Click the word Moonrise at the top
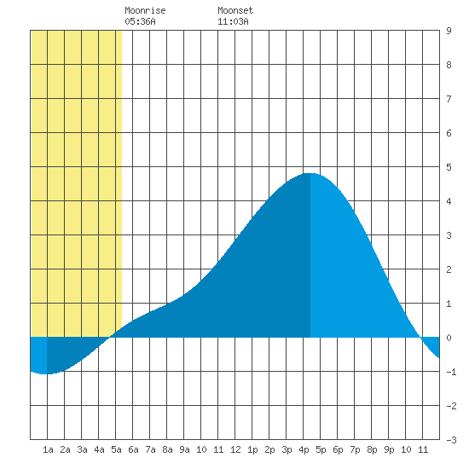tap(145, 10)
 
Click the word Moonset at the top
tap(235, 10)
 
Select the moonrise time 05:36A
tap(140, 21)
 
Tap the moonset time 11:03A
tap(233, 21)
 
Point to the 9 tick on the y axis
tap(449, 31)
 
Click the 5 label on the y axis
tap(449, 167)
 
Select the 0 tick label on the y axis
tap(449, 338)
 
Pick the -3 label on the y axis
tap(451, 440)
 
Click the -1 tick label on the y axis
tap(451, 372)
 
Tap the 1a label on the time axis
tap(48, 449)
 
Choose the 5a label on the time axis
tap(116, 449)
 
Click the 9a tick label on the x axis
tap(184, 449)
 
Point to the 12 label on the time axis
tap(235, 449)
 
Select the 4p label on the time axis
tap(304, 449)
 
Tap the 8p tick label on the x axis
tap(372, 449)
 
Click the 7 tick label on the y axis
tap(449, 99)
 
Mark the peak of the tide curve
tap(310, 173)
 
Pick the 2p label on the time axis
tap(269, 449)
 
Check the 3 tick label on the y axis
tap(449, 235)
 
